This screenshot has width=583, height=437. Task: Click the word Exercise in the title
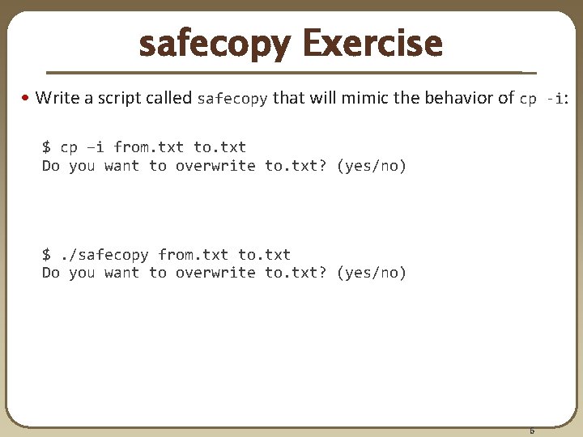coord(372,44)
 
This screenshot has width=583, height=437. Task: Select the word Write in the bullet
coord(57,99)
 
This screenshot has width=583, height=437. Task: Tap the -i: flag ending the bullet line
coord(558,99)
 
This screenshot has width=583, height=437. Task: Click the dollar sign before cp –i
coord(46,147)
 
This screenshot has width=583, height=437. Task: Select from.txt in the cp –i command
coord(148,147)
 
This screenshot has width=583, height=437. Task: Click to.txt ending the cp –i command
coord(219,147)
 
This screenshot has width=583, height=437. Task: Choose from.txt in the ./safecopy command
coord(193,255)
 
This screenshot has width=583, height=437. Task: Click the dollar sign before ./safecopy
coord(46,255)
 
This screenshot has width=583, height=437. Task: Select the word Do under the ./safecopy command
coord(50,274)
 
